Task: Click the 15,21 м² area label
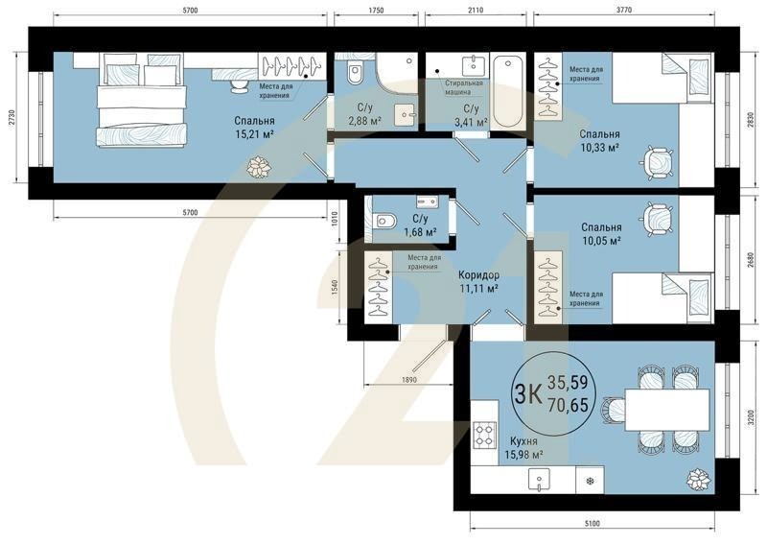click(x=254, y=136)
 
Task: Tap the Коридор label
click(x=478, y=274)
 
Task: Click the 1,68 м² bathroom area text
click(x=418, y=231)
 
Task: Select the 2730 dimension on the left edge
click(x=12, y=118)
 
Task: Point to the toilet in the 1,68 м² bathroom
click(x=385, y=222)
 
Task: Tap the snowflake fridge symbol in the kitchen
click(x=590, y=480)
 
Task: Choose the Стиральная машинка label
click(x=463, y=89)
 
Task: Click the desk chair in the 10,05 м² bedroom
click(x=658, y=219)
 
